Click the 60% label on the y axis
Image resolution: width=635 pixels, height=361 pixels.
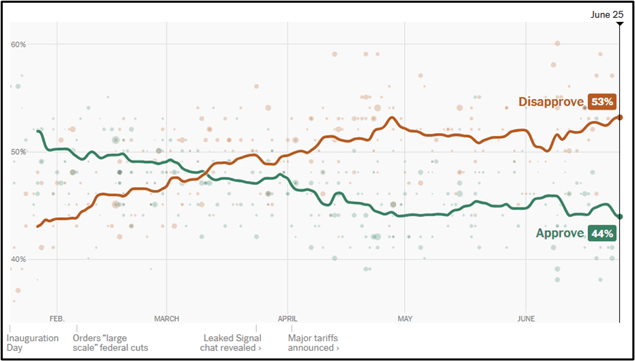point(18,44)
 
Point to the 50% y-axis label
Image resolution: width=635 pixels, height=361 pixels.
point(18,151)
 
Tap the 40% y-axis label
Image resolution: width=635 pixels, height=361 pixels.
point(18,259)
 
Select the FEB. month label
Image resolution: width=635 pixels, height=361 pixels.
point(57,319)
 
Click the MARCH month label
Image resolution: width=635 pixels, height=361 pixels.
point(167,319)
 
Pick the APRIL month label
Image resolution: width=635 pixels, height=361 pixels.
point(288,319)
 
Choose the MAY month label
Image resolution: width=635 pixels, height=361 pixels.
point(405,319)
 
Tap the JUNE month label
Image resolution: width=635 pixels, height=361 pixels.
point(526,319)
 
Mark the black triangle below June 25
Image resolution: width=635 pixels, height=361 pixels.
point(619,24)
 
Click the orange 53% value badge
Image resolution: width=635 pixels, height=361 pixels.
point(602,102)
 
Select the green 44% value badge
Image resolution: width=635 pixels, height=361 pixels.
point(602,233)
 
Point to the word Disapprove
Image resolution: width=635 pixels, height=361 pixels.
point(551,102)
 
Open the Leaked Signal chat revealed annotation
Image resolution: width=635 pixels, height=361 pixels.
point(232,343)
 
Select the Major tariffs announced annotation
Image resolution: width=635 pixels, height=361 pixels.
point(313,343)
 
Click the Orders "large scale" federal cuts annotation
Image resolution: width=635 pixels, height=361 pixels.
point(109,343)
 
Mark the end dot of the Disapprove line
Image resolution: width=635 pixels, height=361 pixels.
point(619,117)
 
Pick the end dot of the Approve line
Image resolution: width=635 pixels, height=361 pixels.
point(619,216)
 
